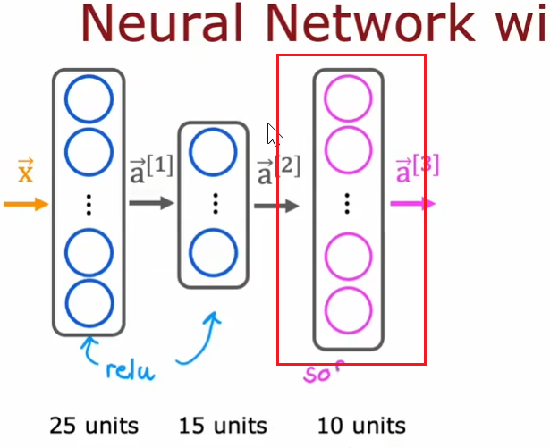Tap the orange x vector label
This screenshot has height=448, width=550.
(25, 170)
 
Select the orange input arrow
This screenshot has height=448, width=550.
(26, 205)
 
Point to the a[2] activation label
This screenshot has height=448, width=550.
(276, 169)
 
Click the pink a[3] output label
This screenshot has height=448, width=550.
(417, 169)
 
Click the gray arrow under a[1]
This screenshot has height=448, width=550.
(150, 204)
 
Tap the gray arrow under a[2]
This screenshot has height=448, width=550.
(276, 206)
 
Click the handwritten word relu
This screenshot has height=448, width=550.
(131, 368)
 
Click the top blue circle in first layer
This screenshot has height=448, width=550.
(89, 100)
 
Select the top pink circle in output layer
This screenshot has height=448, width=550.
(348, 100)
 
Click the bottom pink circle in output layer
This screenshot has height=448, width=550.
(348, 309)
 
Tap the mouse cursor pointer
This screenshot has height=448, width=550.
(274, 135)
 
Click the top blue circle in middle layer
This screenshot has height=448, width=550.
(215, 152)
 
